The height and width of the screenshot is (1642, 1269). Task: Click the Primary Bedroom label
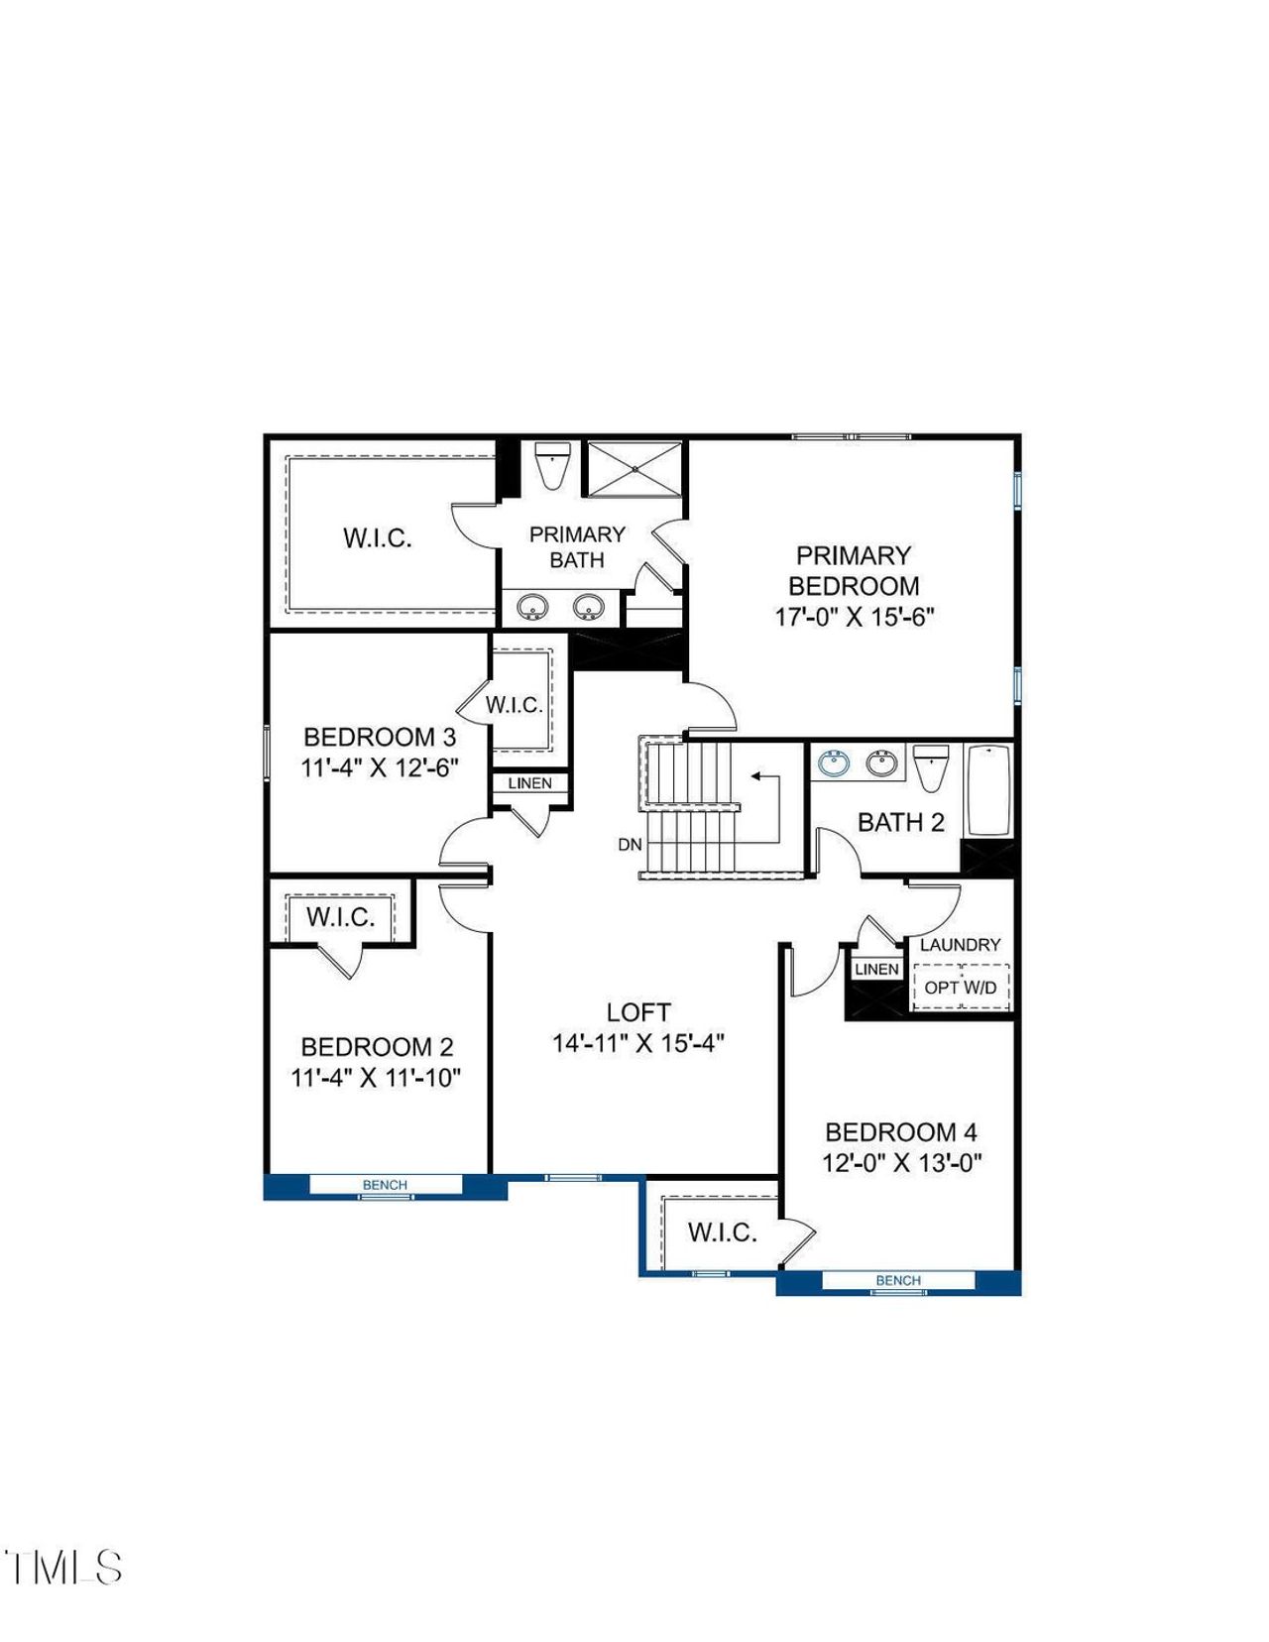[854, 570]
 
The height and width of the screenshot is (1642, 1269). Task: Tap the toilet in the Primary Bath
[551, 465]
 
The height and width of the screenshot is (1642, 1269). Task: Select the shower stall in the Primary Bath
[634, 468]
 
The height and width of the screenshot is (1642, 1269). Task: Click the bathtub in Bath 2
[988, 790]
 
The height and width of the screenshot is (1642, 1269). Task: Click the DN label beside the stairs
[630, 845]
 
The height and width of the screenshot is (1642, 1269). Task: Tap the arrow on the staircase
[758, 776]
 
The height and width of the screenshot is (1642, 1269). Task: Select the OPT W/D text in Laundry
[960, 988]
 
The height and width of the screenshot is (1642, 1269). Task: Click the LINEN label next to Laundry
[876, 969]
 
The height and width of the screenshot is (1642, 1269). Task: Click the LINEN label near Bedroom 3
[529, 783]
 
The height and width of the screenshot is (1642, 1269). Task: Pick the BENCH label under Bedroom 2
[385, 1185]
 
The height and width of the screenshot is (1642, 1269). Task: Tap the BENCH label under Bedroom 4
[898, 1280]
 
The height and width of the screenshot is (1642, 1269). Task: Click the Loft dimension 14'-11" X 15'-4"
[638, 1043]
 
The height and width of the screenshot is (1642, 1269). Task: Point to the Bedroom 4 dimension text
[901, 1163]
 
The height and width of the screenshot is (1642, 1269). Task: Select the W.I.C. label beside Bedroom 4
[723, 1232]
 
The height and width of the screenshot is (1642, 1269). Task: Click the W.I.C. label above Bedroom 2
[340, 917]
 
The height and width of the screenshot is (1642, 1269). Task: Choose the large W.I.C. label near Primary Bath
[377, 538]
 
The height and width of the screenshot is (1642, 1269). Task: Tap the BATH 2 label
[900, 822]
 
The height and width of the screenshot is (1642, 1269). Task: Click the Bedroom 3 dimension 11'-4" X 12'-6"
[380, 767]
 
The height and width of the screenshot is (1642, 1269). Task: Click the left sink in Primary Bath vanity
[533, 605]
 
